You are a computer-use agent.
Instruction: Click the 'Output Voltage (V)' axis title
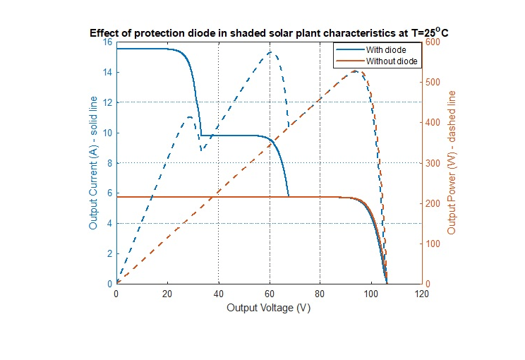pos(268,308)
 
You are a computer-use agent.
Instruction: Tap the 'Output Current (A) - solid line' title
pos(93,162)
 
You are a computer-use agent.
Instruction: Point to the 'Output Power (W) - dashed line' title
pos(452,162)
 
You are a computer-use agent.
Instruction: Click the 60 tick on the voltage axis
pos(269,293)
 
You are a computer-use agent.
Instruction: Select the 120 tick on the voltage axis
pos(422,293)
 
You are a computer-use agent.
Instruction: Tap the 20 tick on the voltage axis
pos(167,293)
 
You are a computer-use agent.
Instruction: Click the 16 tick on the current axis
pos(107,42)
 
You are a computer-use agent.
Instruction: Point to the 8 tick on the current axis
pos(109,163)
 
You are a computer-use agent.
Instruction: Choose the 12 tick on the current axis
pos(107,102)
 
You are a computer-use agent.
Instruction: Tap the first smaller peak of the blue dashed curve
pos(189,116)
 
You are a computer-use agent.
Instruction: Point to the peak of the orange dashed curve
pos(356,71)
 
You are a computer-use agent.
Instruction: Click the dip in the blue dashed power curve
pos(202,150)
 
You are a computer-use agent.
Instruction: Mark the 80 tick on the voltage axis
pos(320,293)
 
